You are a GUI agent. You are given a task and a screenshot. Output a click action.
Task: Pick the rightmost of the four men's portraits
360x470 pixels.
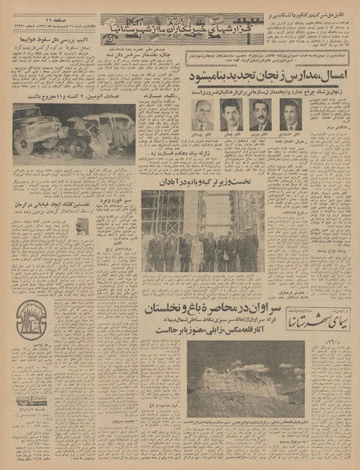291,114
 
